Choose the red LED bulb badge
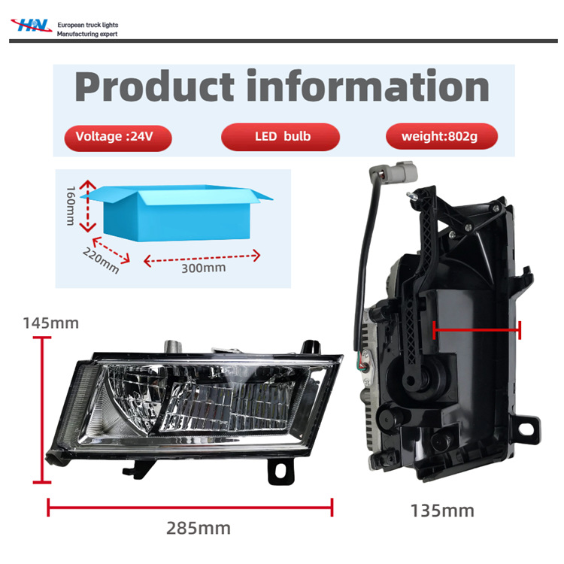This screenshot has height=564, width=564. coord(281,137)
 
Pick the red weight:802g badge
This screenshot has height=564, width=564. coord(441,137)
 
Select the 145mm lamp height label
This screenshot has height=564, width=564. coord(50,323)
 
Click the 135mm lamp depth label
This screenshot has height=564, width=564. coord(442,511)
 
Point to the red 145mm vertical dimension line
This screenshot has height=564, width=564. coord(41,410)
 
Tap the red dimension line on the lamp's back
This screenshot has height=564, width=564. coord(477,328)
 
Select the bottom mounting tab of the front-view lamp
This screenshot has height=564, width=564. coord(280,470)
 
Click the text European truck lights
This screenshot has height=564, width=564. coord(88,25)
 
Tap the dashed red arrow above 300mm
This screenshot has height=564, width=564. coord(202,258)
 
